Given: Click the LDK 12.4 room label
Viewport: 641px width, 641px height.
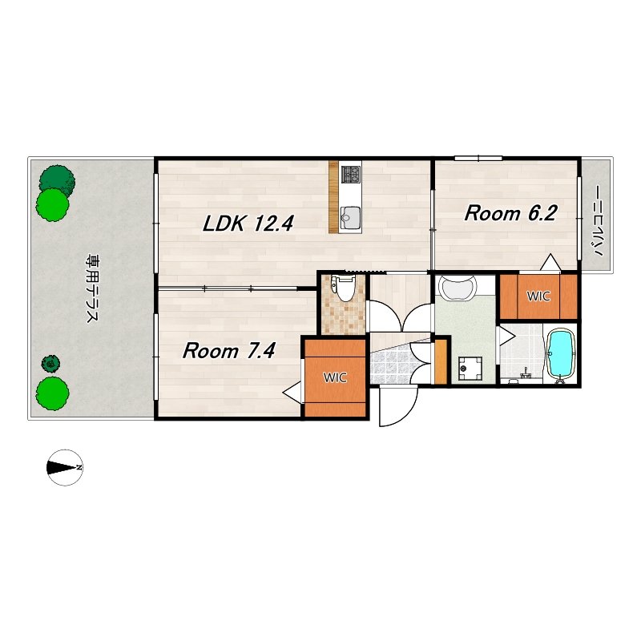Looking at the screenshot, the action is pos(248,224).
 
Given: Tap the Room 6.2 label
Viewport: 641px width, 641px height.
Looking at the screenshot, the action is pos(511,213).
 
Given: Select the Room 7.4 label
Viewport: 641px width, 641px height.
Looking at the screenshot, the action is pos(229,351).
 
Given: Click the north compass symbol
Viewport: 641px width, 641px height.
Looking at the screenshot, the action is pos(65,468).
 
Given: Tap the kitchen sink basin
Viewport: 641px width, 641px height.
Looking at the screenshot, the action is pos(350,216).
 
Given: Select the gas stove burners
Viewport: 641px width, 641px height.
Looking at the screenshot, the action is pos(351,174).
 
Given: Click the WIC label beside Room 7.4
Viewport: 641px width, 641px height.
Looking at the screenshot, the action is pos(335,377).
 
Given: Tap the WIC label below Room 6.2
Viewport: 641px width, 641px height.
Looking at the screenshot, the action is pos(538,296).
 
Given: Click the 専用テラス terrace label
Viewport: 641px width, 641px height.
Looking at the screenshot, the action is pos(92,288).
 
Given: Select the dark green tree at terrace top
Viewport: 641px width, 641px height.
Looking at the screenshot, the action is pos(57,179).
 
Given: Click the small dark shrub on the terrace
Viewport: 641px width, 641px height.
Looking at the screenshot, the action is pos(50,363).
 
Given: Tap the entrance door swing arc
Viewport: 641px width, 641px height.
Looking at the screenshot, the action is pos(405,413).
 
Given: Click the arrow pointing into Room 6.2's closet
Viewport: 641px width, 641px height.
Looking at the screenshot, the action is pos(550,262).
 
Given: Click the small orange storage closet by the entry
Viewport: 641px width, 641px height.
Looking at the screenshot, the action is pos(441,361).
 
